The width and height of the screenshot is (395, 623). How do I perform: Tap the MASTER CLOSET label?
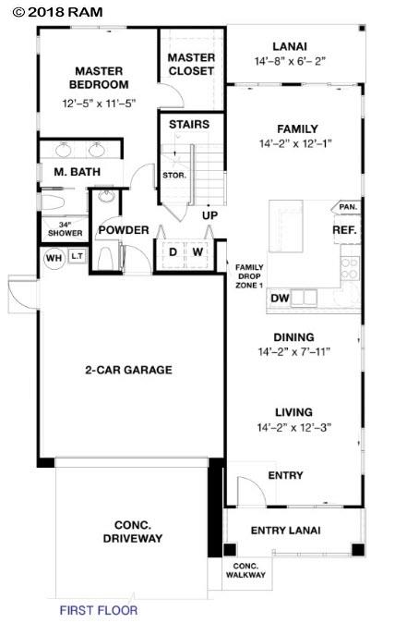point(191,64)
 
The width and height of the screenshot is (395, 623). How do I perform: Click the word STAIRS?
point(188,124)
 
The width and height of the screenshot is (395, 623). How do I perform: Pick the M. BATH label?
point(73,172)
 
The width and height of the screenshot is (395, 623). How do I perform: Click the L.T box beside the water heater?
point(78,258)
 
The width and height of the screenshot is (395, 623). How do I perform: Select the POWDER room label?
point(124,229)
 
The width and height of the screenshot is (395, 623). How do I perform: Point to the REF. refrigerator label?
point(344,229)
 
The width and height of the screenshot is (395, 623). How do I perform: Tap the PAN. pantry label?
point(347,206)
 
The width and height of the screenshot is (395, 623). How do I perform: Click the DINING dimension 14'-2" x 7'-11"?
point(294,351)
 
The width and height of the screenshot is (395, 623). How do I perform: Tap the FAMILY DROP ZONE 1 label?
point(250,275)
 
